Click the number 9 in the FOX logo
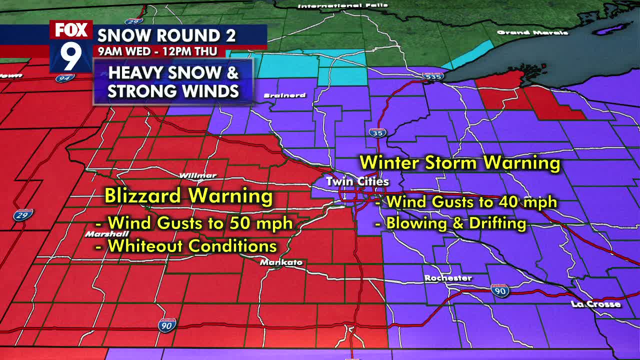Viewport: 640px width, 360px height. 71,55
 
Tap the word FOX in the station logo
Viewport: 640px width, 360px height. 71,30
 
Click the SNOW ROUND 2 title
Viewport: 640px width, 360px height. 166,35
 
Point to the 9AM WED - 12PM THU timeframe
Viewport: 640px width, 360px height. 157,51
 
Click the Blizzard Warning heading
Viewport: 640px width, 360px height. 188,196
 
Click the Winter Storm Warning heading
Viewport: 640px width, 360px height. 459,163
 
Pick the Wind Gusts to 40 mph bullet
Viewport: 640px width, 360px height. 466,202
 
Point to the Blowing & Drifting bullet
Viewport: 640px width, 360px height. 450,223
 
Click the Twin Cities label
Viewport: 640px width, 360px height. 357,182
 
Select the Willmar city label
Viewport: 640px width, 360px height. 198,175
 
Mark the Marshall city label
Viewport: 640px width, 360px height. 107,234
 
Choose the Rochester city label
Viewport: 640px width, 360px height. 448,278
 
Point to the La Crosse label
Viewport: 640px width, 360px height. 596,304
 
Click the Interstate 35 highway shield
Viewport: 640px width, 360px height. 377,133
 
